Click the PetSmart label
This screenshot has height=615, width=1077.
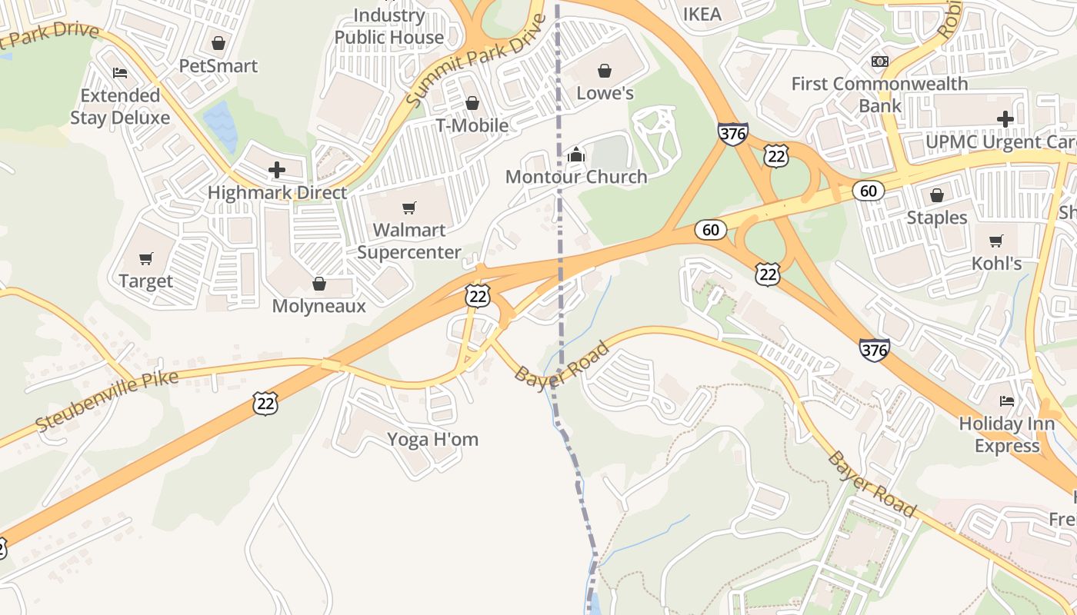(x=218, y=66)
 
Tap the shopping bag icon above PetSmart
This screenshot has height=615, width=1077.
(x=218, y=43)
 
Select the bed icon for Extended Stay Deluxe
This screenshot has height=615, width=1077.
(x=120, y=73)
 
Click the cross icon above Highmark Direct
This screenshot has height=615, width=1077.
(x=277, y=169)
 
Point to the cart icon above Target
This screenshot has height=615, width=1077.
(x=146, y=258)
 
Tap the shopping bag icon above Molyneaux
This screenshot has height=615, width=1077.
(x=319, y=284)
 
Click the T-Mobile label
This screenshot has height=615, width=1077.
(x=472, y=125)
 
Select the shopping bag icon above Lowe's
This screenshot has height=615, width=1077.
(x=605, y=71)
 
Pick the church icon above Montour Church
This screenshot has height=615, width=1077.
(x=575, y=155)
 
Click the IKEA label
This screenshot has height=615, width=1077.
(x=702, y=14)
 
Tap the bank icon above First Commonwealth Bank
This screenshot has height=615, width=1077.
(x=879, y=61)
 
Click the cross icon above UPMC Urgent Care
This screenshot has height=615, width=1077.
(x=1005, y=119)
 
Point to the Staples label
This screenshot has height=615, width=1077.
(x=936, y=218)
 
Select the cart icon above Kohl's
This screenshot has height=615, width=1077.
(x=996, y=241)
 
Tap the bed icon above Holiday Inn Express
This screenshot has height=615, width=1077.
(x=1006, y=401)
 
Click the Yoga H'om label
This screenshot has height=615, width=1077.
(x=432, y=440)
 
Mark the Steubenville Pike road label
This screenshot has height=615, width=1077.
(x=107, y=401)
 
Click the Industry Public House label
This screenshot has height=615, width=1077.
(x=388, y=26)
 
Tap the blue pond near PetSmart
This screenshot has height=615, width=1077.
(x=222, y=123)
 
